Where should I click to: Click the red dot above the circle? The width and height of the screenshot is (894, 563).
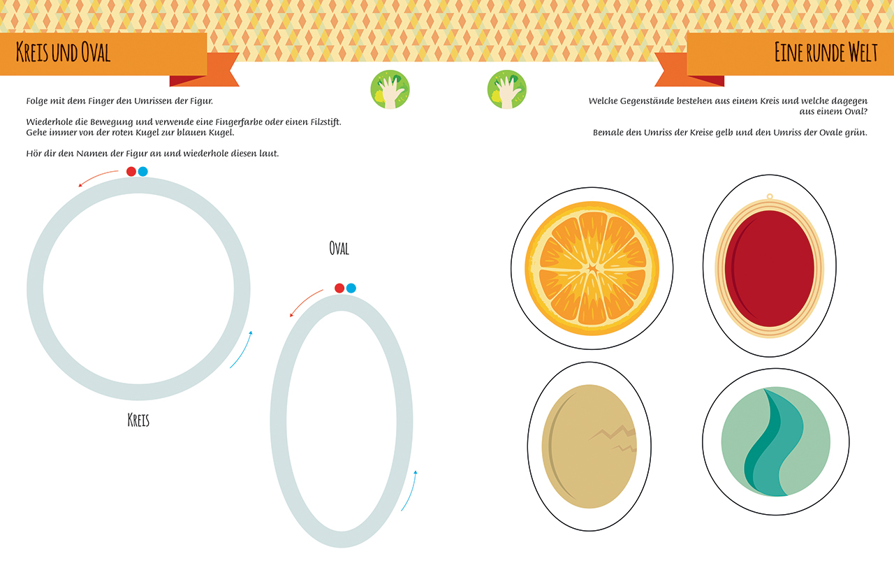coord(131,171)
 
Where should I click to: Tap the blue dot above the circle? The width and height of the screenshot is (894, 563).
coord(143,171)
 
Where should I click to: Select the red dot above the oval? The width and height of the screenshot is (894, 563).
coord(339,288)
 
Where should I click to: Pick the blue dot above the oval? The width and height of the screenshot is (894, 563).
coord(351,288)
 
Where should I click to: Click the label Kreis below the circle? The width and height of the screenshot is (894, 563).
coord(138,420)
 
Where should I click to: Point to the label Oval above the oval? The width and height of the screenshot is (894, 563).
coord(339,248)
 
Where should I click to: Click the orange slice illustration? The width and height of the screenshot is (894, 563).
coord(592,268)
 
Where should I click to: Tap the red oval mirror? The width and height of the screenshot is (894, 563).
coord(770,268)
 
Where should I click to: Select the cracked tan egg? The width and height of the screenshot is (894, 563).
coord(589,446)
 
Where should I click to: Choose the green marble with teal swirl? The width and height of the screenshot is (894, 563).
coord(776,441)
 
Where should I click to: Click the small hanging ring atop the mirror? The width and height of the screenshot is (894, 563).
coord(770,196)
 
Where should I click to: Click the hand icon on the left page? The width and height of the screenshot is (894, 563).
coord(390,89)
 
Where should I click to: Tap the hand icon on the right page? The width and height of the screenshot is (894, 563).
coord(507,89)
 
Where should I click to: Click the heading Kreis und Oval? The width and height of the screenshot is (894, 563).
coord(63,52)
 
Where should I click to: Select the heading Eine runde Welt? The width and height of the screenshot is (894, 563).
coord(826,52)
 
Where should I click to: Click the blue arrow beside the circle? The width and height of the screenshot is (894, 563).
coord(242,349)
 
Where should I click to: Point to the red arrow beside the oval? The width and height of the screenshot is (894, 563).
coord(305,302)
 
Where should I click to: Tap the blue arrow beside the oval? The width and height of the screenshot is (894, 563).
coord(409,490)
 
